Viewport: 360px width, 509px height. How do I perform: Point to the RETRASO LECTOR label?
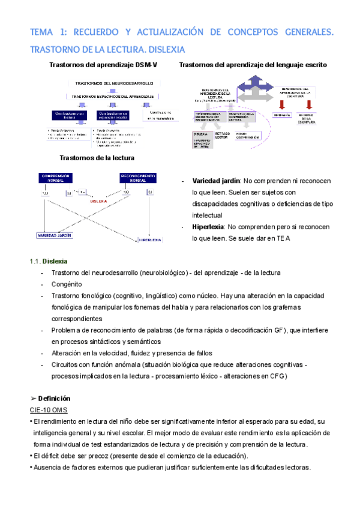coord(222,136)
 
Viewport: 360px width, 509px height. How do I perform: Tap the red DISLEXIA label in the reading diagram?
coord(99,202)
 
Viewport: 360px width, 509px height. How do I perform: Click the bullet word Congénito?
coord(67,284)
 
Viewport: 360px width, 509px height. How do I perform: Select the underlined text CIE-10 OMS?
coord(49,409)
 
